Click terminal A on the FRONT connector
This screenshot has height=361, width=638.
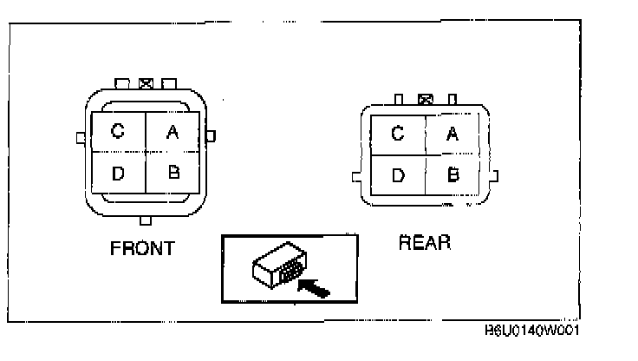(173, 133)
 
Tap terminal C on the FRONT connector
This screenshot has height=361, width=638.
(118, 133)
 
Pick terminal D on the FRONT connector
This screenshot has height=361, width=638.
(118, 172)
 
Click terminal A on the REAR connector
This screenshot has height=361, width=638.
(452, 134)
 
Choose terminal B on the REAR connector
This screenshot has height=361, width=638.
(452, 174)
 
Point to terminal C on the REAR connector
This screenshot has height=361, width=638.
(398, 134)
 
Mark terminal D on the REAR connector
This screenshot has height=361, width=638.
(398, 174)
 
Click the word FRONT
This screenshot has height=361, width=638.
(143, 249)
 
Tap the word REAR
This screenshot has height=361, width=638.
(425, 243)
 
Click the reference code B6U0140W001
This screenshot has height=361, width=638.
(531, 331)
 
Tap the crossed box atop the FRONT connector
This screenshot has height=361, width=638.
(146, 84)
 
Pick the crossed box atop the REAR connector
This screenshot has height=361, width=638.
(425, 100)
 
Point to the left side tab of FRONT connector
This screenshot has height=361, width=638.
(81, 137)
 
